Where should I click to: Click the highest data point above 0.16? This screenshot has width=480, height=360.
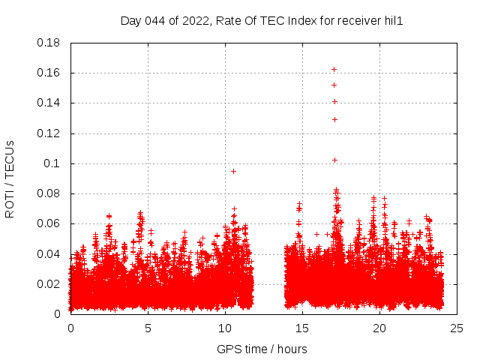coord(334,70)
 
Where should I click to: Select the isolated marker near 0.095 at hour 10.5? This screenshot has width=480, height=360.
coord(233,171)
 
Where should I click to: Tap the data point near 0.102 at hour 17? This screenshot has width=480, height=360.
coord(334,160)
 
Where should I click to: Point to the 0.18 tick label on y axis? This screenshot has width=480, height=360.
coord(49,43)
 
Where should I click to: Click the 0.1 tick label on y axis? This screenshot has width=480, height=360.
coord(54,163)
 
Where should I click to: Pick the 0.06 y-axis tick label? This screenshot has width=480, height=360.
coord(49,223)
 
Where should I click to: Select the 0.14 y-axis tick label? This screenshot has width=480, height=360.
coord(49,103)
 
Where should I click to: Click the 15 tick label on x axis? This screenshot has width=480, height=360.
coord(302,328)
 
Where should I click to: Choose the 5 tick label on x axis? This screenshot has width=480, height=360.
coord(148,328)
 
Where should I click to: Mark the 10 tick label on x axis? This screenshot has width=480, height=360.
coord(225,328)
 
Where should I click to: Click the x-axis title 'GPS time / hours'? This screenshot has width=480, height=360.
coord(262,349)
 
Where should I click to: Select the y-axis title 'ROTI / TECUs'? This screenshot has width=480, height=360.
coord(10,178)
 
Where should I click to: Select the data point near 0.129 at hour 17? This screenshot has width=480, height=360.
coord(334,119)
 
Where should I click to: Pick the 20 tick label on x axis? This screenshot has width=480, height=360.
coord(379,328)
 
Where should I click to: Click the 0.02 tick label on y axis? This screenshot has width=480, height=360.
coord(49,284)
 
